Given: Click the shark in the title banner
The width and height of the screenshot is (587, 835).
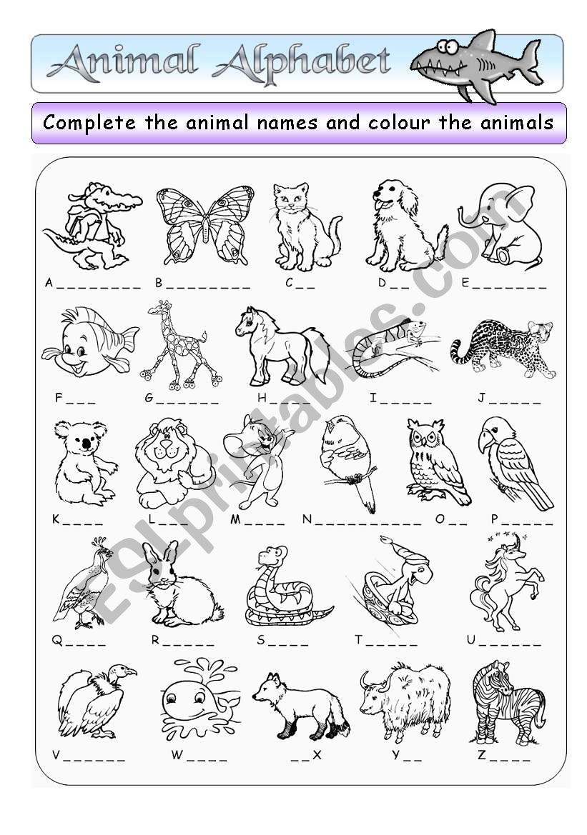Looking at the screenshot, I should click(x=475, y=64).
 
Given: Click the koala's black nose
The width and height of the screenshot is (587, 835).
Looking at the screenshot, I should click(x=87, y=444).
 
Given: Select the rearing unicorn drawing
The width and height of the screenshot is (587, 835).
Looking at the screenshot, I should click(x=503, y=581).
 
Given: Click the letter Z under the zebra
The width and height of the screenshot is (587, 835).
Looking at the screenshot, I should click(x=481, y=755).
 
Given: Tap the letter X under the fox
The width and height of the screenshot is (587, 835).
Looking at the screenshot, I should click(x=317, y=755).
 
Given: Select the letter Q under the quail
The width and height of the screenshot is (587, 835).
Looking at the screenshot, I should click(x=56, y=640).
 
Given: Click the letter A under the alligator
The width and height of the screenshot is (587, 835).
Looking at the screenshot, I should click(x=49, y=283).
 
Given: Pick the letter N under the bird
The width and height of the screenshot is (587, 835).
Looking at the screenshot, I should click(x=307, y=519).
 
